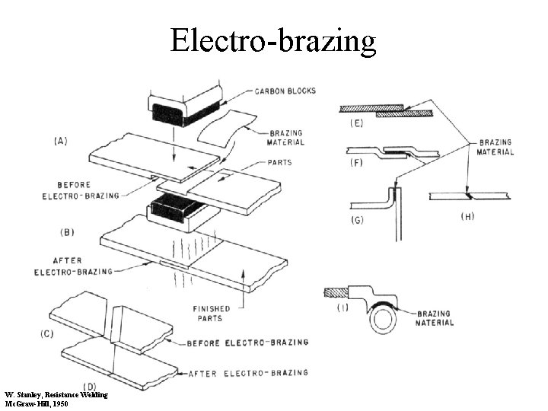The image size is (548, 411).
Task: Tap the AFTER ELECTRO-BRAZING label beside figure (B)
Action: (75, 266)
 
